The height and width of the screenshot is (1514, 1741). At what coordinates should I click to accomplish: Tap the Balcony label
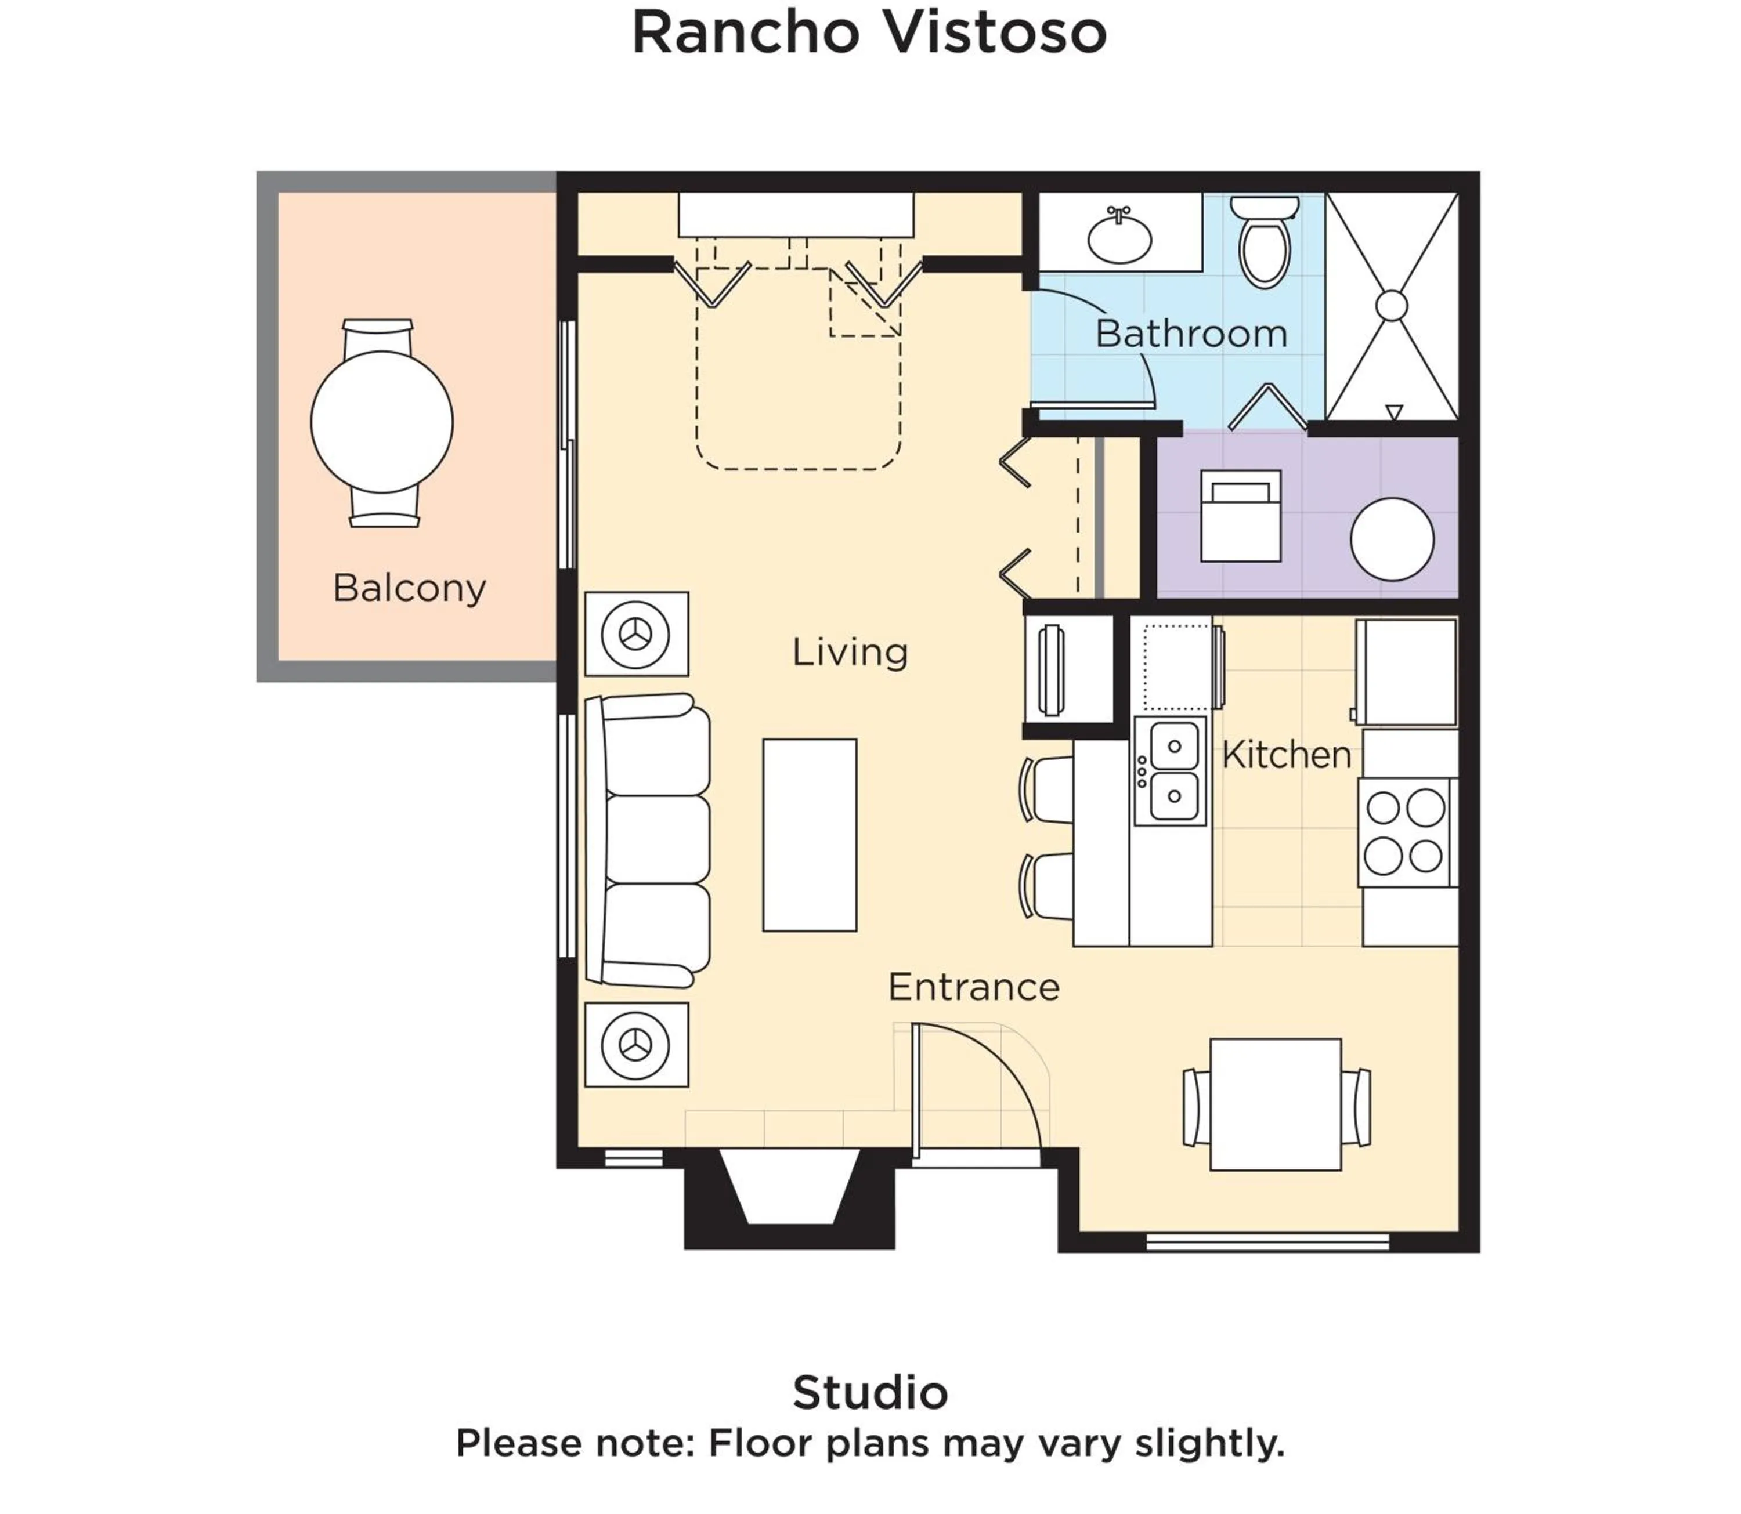tap(409, 588)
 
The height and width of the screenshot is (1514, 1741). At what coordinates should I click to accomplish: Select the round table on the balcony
tap(382, 422)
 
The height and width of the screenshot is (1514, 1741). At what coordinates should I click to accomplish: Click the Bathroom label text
tap(1191, 334)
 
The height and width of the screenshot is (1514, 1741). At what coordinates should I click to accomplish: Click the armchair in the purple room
tap(1241, 515)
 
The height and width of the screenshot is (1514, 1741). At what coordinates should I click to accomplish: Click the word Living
tap(850, 652)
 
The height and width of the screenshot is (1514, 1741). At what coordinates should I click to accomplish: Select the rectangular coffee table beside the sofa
tap(810, 835)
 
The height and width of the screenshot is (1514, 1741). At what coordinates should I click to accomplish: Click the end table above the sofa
tap(637, 633)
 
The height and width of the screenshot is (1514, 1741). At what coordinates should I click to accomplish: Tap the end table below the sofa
tap(637, 1045)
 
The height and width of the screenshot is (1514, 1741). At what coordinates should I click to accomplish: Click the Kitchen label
tap(1285, 755)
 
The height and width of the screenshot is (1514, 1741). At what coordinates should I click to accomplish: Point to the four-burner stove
tap(1406, 832)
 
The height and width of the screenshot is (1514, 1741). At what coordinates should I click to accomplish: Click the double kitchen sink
tap(1171, 770)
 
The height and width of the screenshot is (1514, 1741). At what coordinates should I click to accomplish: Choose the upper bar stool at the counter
tap(1048, 789)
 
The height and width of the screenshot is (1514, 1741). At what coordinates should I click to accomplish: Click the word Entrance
tap(974, 987)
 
